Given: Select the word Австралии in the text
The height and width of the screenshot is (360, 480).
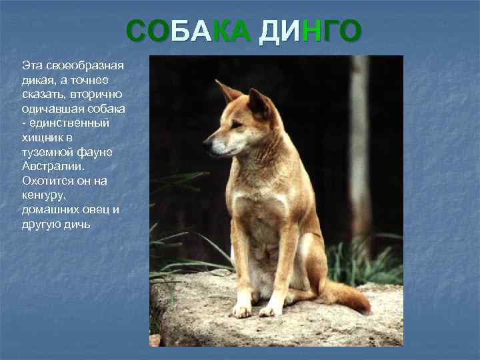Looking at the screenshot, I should pos(53,166).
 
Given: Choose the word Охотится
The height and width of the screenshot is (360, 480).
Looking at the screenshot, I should pos(47,181).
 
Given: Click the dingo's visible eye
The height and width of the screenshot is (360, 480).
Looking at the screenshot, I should pos(234,123).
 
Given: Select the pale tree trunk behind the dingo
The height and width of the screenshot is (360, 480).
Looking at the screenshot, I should pos(361,147).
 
